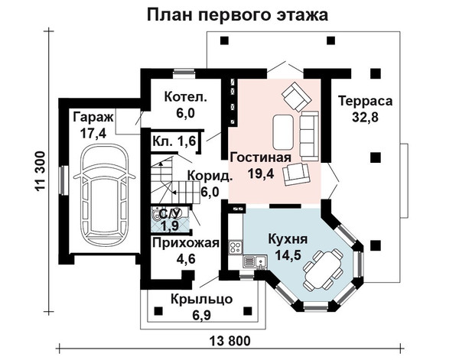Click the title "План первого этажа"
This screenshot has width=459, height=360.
(x=237, y=15)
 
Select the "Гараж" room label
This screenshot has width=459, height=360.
(x=93, y=117)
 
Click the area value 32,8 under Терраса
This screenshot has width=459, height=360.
(x=365, y=117)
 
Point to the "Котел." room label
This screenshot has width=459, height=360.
(x=185, y=97)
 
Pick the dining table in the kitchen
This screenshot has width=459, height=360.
(x=323, y=269)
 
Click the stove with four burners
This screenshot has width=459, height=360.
(x=236, y=247)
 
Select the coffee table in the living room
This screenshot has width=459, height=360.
(x=283, y=132)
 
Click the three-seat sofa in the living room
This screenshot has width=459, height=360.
(x=310, y=135)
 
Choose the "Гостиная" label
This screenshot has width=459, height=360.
(x=261, y=157)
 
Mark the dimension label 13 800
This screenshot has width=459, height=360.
(x=230, y=341)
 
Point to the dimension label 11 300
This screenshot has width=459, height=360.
(x=40, y=171)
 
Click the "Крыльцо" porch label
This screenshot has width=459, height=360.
(x=202, y=300)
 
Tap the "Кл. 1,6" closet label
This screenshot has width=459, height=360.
(x=174, y=141)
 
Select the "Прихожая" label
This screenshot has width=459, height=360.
(x=186, y=243)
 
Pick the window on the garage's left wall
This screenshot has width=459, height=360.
(x=63, y=180)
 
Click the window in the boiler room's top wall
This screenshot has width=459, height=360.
(x=184, y=73)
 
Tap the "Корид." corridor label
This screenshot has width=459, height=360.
(x=210, y=177)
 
